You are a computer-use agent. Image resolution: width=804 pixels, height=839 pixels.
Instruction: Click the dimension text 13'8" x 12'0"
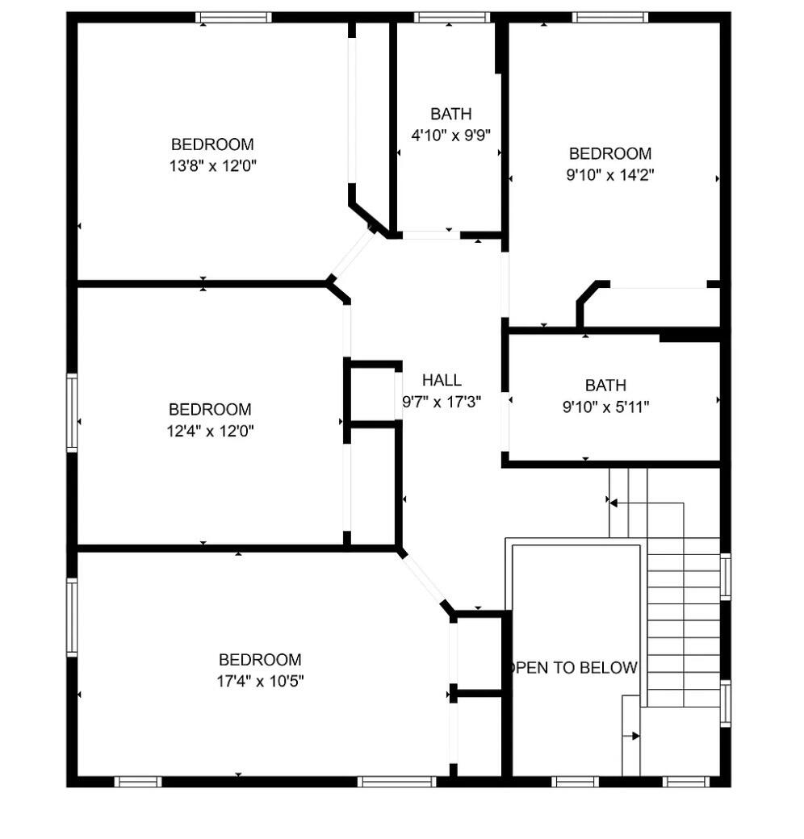click(213, 166)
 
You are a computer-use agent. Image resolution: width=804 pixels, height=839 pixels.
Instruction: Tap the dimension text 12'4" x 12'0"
click(210, 431)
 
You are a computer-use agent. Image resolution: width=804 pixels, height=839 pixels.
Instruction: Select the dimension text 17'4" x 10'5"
click(259, 681)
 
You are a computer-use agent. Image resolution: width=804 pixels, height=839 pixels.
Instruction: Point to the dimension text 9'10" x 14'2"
click(609, 175)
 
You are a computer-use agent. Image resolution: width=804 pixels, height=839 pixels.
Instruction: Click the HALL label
click(442, 380)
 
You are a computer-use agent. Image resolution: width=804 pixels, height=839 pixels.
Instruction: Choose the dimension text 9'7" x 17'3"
click(442, 401)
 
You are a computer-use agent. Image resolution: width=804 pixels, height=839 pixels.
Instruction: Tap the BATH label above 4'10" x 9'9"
click(450, 114)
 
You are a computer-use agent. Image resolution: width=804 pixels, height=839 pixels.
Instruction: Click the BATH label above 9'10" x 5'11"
click(605, 386)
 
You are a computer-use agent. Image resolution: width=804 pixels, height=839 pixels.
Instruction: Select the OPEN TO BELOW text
click(574, 668)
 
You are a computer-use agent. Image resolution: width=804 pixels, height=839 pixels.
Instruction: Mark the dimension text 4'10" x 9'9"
click(450, 135)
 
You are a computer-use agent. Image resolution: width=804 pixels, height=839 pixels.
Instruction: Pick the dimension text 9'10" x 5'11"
click(605, 407)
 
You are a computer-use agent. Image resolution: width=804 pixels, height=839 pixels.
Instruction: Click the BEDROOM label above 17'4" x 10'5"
click(259, 659)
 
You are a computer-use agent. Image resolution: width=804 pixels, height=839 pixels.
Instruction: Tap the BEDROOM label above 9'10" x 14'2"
click(609, 153)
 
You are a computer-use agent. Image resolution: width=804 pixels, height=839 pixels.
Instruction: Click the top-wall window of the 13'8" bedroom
click(233, 17)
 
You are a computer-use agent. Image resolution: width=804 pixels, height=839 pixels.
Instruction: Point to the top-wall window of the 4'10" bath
click(452, 17)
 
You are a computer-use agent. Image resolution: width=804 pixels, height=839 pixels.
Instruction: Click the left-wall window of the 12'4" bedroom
click(72, 412)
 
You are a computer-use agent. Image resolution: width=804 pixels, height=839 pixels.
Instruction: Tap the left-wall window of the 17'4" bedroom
click(72, 618)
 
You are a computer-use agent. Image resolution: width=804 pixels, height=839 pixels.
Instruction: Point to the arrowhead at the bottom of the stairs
click(635, 736)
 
